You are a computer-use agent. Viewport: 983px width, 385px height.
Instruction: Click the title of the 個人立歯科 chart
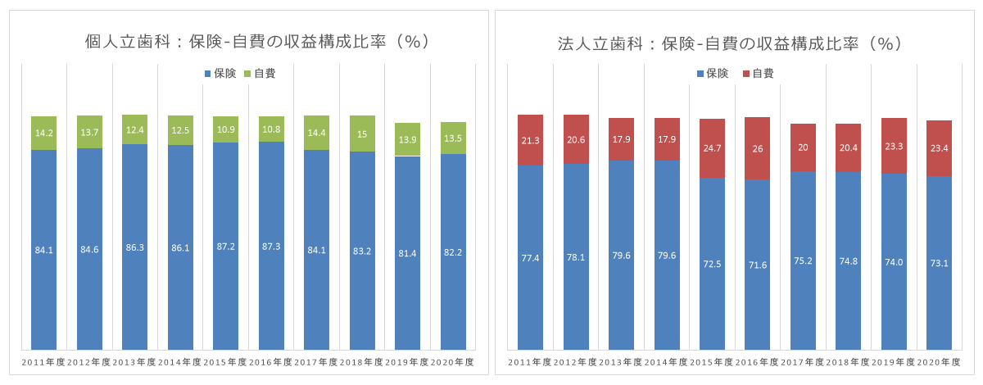pyautogui.click(x=258, y=42)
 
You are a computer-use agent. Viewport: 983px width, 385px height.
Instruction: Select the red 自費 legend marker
pyautogui.click(x=746, y=74)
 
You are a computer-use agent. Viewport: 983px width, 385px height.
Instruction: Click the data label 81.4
pyautogui.click(x=407, y=253)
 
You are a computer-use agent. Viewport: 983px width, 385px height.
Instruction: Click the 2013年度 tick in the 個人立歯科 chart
pyautogui.click(x=134, y=362)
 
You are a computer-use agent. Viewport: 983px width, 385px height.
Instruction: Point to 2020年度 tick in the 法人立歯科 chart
pyautogui.click(x=939, y=362)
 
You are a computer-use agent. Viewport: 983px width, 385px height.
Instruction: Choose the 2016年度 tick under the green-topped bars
pyautogui.click(x=271, y=362)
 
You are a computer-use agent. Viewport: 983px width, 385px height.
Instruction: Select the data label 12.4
pyautogui.click(x=134, y=130)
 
